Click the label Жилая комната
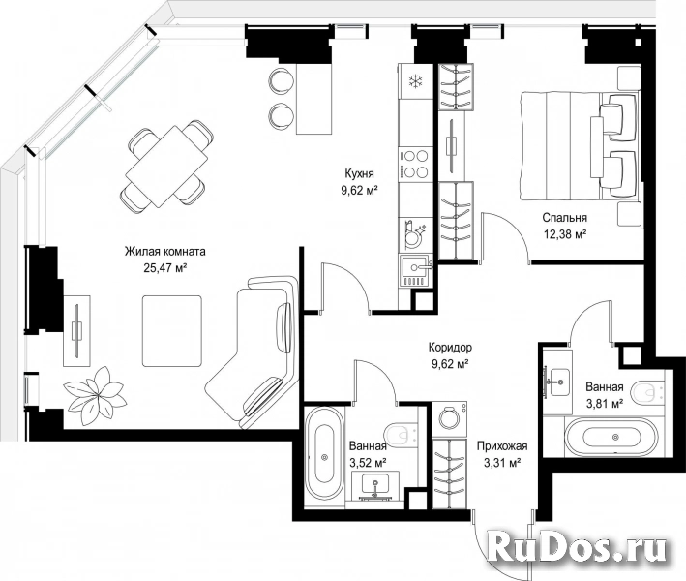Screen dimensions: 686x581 click(164, 252)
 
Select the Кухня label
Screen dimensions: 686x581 click(359, 174)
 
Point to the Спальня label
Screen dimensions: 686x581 click(564, 218)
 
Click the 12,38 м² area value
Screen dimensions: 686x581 click(565, 233)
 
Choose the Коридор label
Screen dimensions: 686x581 click(450, 348)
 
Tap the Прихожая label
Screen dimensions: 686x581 click(502, 446)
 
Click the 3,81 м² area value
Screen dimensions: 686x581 click(604, 403)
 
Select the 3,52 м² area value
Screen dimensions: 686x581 click(368, 462)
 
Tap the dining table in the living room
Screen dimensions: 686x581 click(166, 167)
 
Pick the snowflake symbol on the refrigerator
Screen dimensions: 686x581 click(415, 81)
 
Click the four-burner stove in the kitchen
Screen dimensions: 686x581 click(415, 164)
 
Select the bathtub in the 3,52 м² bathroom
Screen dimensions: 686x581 click(324, 456)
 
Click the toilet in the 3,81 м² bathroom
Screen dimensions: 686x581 click(652, 393)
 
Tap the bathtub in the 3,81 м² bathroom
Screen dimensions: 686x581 click(611, 437)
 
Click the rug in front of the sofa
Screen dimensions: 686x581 click(172, 331)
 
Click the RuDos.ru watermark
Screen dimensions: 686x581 click(577, 546)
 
